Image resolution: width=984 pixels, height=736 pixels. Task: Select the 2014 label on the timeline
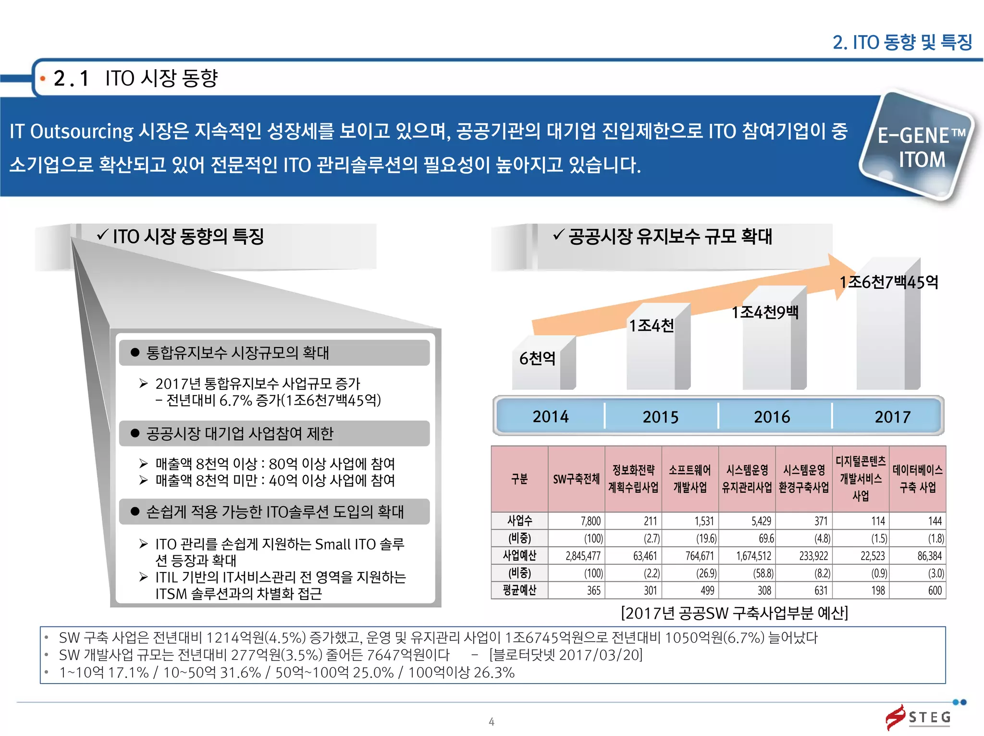point(550,416)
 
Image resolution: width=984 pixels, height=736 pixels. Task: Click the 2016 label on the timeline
point(772,416)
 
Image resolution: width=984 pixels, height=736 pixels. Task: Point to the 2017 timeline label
point(892,416)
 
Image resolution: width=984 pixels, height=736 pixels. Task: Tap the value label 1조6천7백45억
point(888,282)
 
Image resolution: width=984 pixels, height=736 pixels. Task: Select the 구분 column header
point(519,479)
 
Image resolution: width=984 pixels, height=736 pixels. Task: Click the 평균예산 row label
point(519,590)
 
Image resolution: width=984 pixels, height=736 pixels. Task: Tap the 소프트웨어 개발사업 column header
point(690,479)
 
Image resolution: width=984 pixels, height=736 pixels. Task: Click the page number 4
point(492,722)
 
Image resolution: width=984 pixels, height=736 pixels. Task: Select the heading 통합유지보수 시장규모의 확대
point(237,353)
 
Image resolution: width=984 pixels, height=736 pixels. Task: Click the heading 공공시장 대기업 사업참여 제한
point(239,434)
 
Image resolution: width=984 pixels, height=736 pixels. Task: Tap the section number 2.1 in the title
point(71,78)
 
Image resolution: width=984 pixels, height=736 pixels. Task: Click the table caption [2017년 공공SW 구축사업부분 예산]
point(735,613)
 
